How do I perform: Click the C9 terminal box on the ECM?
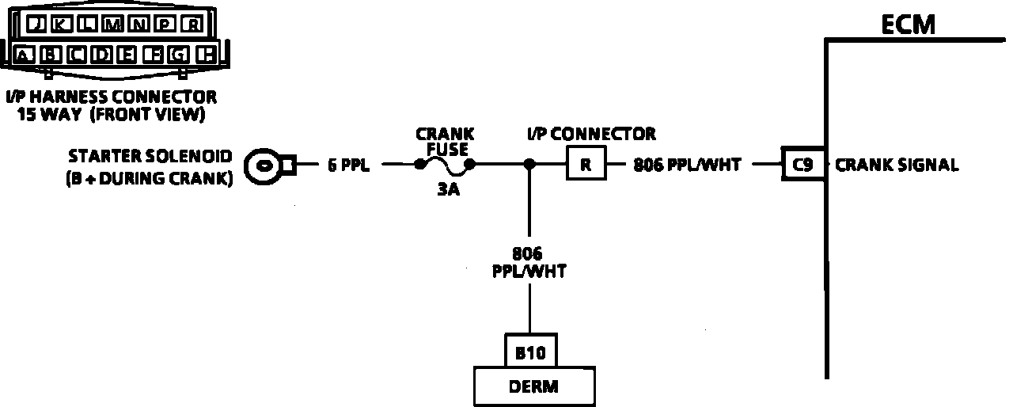point(804,165)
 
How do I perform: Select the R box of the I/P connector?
point(586,165)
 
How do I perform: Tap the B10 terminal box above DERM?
point(530,352)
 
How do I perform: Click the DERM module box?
point(534,386)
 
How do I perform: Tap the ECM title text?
point(908,25)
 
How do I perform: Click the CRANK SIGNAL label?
point(897,165)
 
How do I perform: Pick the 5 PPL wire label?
point(348,166)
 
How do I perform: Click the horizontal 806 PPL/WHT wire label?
point(687,165)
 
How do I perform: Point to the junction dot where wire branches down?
point(529,165)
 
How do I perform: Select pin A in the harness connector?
point(25,55)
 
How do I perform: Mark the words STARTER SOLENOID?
point(150,156)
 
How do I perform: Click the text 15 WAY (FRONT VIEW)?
point(111,115)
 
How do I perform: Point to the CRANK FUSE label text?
point(445,142)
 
